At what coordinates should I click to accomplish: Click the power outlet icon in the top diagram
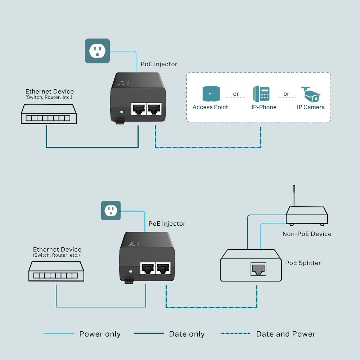(x=97, y=51)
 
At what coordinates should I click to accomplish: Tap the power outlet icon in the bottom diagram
(x=111, y=211)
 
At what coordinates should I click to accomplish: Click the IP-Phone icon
(x=261, y=93)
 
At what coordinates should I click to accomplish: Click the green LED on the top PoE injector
(x=122, y=112)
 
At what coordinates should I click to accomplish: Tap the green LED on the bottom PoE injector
(x=131, y=271)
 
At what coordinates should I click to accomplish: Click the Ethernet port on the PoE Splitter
(x=258, y=269)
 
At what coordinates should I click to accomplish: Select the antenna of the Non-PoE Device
(x=294, y=196)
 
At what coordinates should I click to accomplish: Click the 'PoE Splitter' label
(x=303, y=263)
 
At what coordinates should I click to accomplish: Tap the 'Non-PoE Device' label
(x=307, y=234)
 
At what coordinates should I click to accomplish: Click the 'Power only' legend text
(x=100, y=334)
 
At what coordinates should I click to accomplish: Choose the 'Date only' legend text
(x=187, y=334)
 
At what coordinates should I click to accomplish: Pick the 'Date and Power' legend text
(x=285, y=334)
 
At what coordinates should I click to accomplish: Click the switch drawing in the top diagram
(x=49, y=114)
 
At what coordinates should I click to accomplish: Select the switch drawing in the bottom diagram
(x=56, y=271)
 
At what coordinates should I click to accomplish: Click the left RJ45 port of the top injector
(x=138, y=108)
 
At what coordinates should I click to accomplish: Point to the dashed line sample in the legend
(x=235, y=333)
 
